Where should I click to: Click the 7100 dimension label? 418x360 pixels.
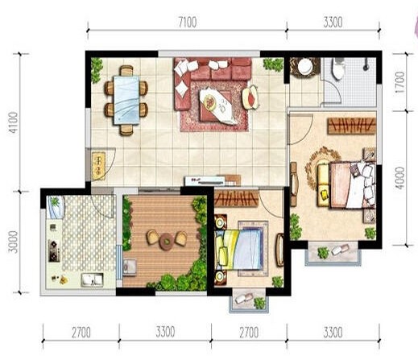[188, 23]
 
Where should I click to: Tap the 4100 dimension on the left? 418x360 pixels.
[13, 122]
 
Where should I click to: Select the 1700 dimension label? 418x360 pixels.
[399, 82]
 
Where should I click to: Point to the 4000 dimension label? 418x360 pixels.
[399, 178]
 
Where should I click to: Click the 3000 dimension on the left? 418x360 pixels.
[13, 242]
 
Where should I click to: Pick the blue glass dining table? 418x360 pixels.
[126, 100]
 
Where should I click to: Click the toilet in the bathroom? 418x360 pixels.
[338, 68]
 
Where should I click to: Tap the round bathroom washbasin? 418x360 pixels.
[305, 66]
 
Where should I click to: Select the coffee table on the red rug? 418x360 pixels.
[217, 106]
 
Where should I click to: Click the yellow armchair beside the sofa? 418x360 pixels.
[250, 97]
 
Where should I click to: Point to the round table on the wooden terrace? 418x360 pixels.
[166, 242]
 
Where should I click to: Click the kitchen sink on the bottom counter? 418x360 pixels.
[93, 279]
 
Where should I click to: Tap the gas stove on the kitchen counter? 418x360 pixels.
[54, 250]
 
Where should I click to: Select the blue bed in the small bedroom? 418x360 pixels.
[239, 249]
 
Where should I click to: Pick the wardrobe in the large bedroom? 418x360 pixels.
[351, 126]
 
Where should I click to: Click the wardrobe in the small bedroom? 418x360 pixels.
[237, 199]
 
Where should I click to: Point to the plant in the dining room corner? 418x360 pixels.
[97, 70]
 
